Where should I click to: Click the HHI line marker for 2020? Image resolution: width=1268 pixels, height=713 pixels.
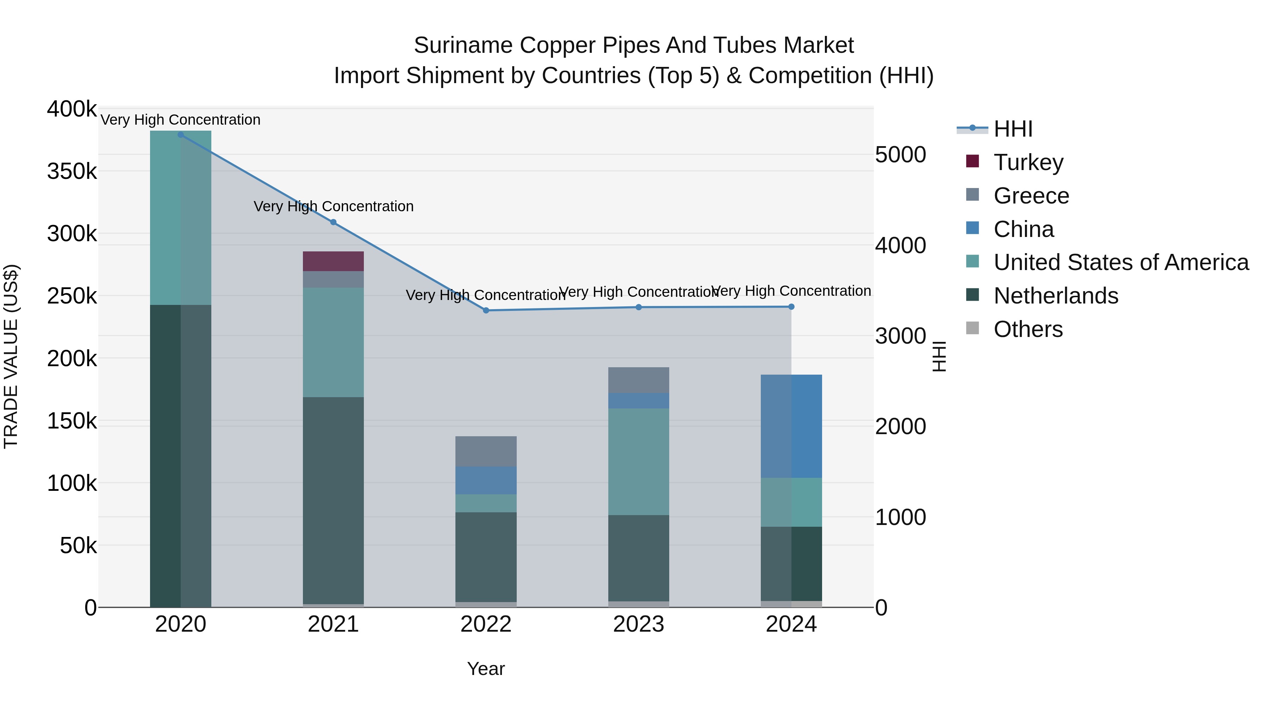pos(181,135)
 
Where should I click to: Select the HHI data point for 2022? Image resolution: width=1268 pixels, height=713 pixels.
pos(486,311)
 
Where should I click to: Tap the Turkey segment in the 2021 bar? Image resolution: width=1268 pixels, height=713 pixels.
pos(333,261)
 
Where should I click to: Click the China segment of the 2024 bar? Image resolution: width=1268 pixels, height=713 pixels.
pos(791,426)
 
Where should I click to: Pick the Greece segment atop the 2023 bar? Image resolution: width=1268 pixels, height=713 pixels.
pos(639,380)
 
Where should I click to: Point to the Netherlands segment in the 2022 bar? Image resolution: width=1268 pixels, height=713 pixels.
pos(486,557)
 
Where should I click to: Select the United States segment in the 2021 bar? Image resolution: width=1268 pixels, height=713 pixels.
pos(333,343)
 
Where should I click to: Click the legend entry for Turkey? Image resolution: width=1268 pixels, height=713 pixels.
pos(1028,162)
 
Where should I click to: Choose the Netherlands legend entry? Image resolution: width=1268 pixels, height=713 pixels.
pos(1055,296)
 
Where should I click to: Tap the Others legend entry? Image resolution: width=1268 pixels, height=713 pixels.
pos(1028,329)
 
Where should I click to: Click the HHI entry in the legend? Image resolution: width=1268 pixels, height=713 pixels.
pos(1013,129)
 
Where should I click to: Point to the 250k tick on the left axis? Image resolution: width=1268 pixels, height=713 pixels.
pos(72,296)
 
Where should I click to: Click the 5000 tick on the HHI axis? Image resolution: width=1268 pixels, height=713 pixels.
pos(900,155)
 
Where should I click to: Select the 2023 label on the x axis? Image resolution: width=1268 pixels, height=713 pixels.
pos(639,624)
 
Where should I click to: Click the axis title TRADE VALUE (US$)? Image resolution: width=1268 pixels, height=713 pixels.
pos(11,356)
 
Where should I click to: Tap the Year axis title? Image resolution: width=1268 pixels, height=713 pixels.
pos(486,669)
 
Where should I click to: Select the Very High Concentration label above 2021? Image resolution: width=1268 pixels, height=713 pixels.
pos(333,206)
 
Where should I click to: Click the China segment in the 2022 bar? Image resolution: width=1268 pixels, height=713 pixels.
pos(486,480)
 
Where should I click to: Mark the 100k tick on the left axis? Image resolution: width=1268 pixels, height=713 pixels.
pos(72,483)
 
